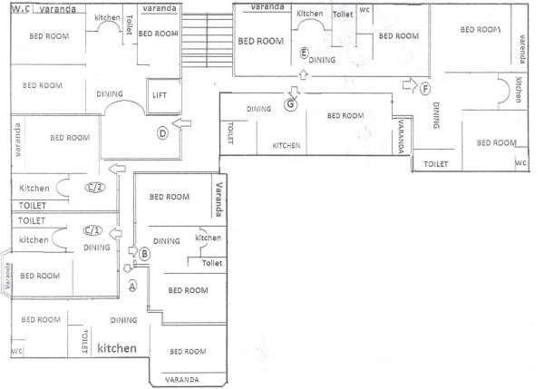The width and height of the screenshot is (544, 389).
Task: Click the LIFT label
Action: pyautogui.click(x=160, y=93)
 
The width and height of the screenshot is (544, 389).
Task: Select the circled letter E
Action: pyautogui.click(x=304, y=53)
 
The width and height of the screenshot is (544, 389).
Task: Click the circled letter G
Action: pyautogui.click(x=290, y=104)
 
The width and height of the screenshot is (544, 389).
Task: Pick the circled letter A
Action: pyautogui.click(x=132, y=287)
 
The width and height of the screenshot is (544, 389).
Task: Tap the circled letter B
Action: pyautogui.click(x=143, y=256)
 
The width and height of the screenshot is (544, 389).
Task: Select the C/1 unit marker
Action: pyautogui.click(x=91, y=229)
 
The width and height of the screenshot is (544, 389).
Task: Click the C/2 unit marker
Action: pyautogui.click(x=93, y=188)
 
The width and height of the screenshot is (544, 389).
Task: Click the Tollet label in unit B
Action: pyautogui.click(x=211, y=263)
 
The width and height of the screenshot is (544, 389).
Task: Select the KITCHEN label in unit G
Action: pyautogui.click(x=287, y=146)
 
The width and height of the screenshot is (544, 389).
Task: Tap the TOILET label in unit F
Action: pyautogui.click(x=436, y=164)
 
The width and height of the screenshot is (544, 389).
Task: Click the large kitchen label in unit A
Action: pyautogui.click(x=117, y=348)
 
